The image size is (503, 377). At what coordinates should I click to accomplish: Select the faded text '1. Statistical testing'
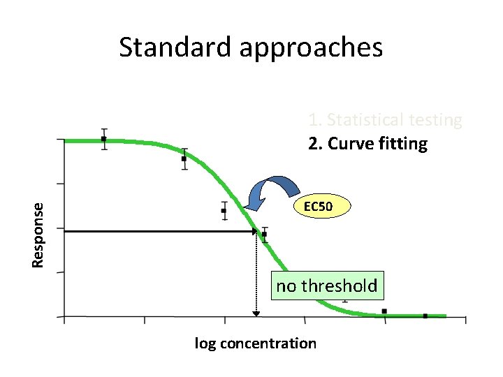pos(385,121)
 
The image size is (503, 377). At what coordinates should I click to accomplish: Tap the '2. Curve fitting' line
pos(367,144)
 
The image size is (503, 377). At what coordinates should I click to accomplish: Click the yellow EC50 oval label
pos(322,207)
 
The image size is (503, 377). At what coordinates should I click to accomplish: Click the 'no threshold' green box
pos(326,286)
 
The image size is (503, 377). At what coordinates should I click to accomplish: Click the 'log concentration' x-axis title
pos(255,343)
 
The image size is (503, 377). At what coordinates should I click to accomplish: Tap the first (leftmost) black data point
pos(104,139)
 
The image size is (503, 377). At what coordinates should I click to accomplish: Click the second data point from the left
pos(184,158)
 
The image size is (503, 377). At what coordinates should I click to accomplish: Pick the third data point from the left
pos(224,210)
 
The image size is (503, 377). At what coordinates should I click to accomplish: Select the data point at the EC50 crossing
pos(264,234)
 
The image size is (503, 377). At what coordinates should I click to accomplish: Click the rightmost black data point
pos(425,316)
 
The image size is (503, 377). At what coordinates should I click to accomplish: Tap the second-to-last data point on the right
pos(384,311)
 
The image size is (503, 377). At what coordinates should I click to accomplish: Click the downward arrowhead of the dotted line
pos(256,313)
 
